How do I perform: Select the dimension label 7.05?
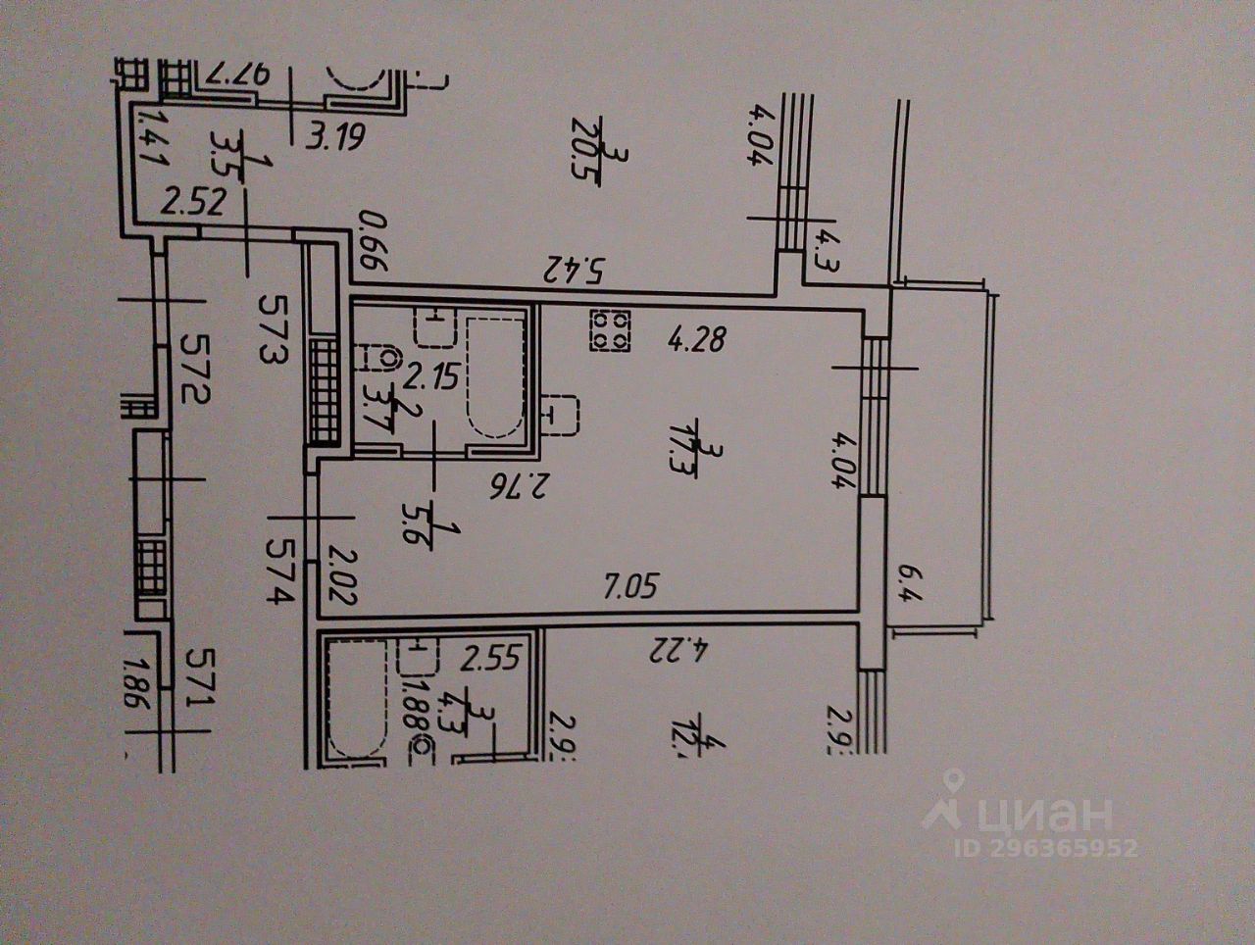(628, 588)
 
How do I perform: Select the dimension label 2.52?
(194, 203)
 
